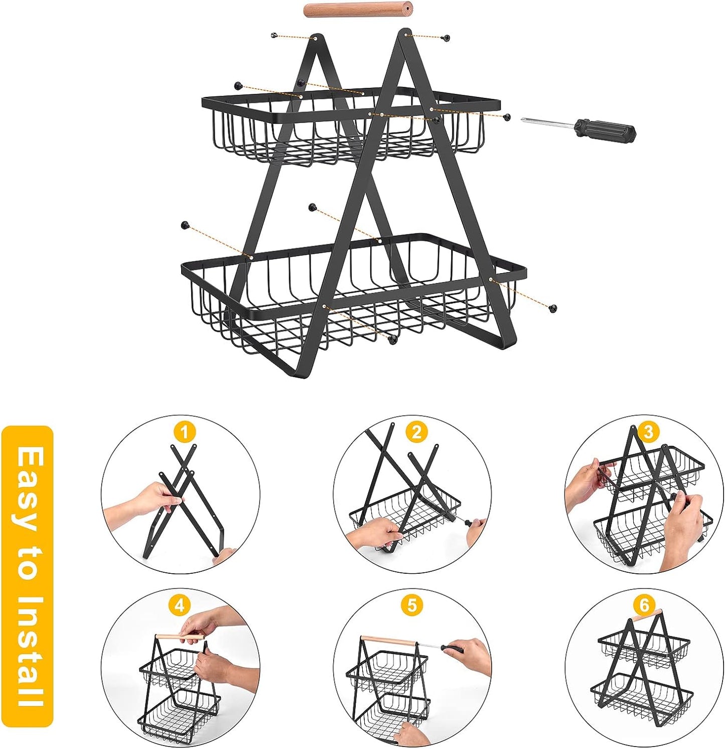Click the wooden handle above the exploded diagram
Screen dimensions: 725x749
pos(358,10)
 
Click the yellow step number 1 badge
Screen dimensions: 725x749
pos(185,432)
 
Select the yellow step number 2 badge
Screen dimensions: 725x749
pos(417,432)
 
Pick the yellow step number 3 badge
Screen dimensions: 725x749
pos(649,432)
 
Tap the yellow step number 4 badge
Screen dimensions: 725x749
pos(180,606)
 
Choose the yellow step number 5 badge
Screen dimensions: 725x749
pos(412,606)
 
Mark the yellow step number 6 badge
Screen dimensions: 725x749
pos(644,606)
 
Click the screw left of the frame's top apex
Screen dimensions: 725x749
pos(274,35)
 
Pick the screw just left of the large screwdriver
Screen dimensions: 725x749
pos(507,117)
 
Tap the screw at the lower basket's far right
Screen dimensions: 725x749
pos(553,308)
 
